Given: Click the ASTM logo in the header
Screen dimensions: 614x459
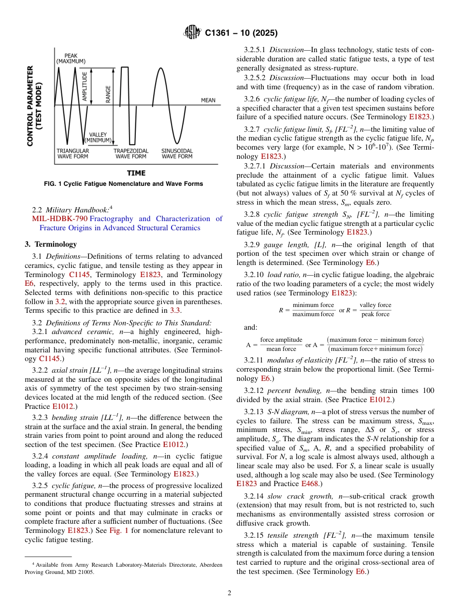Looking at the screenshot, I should tap(192, 33).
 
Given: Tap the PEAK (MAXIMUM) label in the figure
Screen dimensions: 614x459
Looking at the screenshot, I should tap(71, 58).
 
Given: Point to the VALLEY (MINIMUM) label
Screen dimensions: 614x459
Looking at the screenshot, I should tap(98, 138).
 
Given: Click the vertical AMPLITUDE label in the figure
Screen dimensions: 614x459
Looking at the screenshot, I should tap(85, 86).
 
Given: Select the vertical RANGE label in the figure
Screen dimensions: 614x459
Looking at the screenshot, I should tap(108, 95).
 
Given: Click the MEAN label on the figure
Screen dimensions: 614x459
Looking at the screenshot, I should tap(208, 100).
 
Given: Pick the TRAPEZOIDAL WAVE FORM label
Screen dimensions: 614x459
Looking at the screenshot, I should tap(130, 153).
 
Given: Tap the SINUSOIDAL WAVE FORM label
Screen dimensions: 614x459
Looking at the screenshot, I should tap(177, 153).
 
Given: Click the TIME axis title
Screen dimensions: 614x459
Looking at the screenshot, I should tap(136, 173).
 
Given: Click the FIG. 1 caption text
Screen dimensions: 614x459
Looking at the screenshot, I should tap(124, 184).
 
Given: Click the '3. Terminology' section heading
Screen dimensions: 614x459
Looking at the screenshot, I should tap(51, 244).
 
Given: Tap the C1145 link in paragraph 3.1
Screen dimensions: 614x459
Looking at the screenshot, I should tap(79, 275).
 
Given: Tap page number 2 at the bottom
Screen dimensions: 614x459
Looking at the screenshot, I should tap(229, 593).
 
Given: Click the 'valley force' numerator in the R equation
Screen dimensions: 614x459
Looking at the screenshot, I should tap(375, 305).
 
